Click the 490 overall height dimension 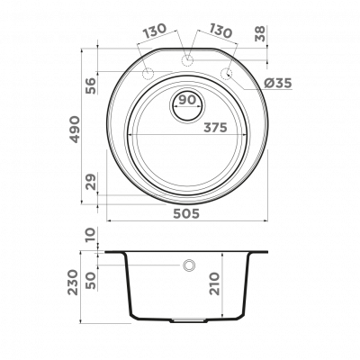75,130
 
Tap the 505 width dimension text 186,213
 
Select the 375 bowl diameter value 215,128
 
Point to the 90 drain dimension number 187,100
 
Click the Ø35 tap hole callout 278,83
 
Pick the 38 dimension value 260,33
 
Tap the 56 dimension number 91,85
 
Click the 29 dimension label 91,182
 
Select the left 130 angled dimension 154,31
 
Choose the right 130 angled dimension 220,31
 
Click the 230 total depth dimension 73,283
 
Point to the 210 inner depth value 215,283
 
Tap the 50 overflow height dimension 91,281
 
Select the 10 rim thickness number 91,235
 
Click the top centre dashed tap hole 187,59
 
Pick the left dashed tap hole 148,73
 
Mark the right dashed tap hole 227,73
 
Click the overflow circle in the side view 189,265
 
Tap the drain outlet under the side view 189,320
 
